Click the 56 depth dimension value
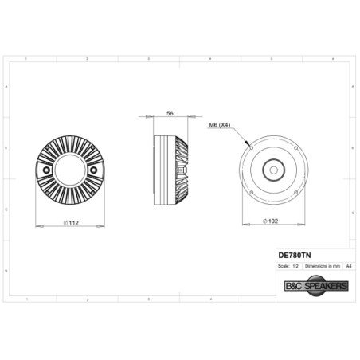tap(170, 113)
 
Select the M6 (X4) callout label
tap(219, 125)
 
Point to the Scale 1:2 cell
tap(288, 265)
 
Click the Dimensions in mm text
tap(323, 265)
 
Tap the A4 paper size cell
tap(347, 265)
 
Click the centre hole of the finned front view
tap(70, 171)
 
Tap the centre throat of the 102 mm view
tap(272, 169)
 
